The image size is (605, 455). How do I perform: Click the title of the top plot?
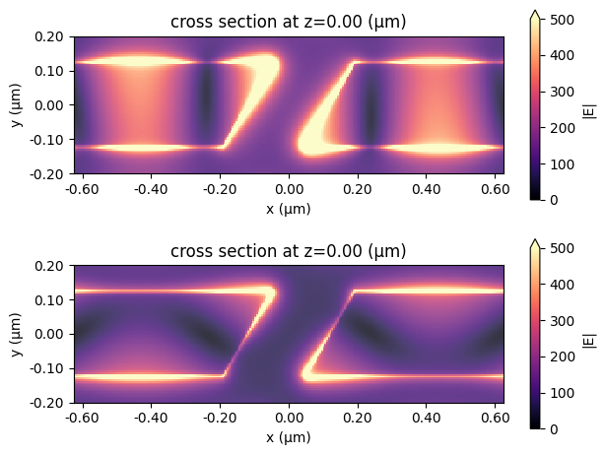click(x=289, y=22)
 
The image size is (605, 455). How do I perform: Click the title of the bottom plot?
click(x=289, y=251)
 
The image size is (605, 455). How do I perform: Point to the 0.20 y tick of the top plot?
click(x=48, y=36)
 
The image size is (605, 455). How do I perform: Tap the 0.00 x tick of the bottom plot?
click(x=289, y=417)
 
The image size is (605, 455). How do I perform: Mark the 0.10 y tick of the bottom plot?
click(x=48, y=300)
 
